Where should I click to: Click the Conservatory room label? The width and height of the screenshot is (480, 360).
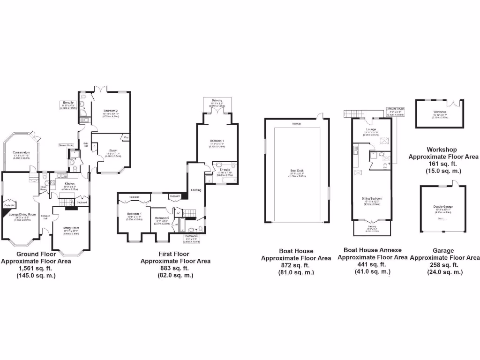click(21, 152)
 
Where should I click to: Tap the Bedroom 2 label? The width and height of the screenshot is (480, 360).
click(111, 111)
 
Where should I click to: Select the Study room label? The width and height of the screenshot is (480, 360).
click(112, 150)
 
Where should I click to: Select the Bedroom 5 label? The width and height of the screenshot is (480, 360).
click(162, 218)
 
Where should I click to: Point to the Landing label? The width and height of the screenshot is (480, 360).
click(196, 189)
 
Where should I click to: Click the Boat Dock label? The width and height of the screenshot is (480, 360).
click(297, 172)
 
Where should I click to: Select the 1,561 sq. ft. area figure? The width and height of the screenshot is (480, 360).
click(36, 268)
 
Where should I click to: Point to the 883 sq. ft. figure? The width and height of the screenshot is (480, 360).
click(175, 268)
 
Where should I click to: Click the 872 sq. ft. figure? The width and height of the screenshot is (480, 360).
click(296, 265)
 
